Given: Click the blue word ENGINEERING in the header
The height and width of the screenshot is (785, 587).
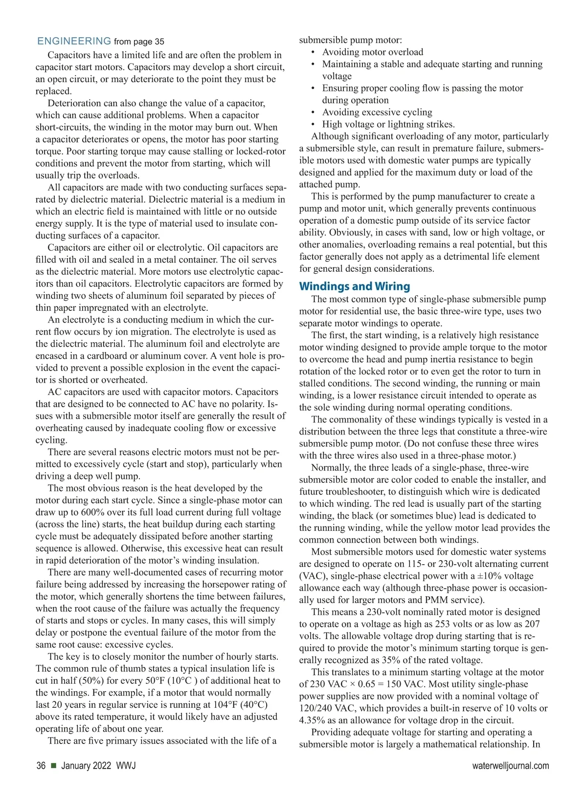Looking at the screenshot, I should point(74,41).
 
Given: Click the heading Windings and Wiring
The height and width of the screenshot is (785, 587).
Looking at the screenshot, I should point(354,286).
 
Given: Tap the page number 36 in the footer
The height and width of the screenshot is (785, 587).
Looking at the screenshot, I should point(41,765).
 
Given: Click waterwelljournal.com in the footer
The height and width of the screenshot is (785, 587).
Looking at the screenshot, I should point(511,765).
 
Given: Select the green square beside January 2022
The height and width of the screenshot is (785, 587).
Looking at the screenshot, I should point(53,765).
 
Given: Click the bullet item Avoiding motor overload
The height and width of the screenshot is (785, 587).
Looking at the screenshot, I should point(372,52).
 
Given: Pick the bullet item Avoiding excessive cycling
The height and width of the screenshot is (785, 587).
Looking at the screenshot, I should point(377,112).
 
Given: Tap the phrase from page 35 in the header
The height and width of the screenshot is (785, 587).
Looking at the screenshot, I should point(139,42).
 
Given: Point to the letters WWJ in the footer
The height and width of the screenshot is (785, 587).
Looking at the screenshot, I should point(126,765).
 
